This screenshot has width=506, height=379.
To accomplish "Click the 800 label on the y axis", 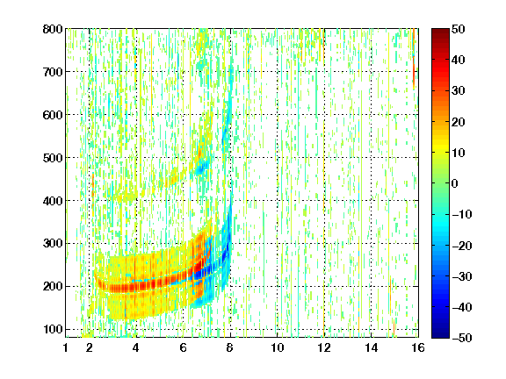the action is (53, 29).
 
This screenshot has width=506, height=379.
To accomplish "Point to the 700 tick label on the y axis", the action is (53, 72).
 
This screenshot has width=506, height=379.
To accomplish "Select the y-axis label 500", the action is (53, 158).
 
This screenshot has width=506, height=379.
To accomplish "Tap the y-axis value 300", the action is (53, 244).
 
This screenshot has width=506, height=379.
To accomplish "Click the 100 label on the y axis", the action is (53, 329).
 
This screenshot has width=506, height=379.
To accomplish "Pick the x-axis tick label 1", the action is (66, 347).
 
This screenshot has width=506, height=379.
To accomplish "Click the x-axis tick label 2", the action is (90, 347).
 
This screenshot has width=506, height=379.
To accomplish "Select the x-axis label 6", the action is (184, 347).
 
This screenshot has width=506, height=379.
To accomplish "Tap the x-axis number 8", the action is (230, 347).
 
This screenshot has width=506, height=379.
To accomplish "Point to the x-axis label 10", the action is (278, 347).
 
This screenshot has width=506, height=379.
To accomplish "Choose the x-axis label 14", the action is (372, 347).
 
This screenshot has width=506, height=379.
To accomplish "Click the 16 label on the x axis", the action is (418, 347).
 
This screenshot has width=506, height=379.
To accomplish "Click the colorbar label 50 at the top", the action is (459, 29).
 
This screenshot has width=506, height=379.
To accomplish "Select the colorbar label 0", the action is (455, 183).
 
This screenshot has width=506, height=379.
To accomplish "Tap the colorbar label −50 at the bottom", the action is (462, 338).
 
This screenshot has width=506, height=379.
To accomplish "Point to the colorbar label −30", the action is (462, 276).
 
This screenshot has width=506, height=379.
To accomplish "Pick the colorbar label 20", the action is (459, 122).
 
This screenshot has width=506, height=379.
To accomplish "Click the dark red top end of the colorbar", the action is (440, 31).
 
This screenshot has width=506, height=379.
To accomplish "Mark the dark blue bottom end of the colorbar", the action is (440, 336).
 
